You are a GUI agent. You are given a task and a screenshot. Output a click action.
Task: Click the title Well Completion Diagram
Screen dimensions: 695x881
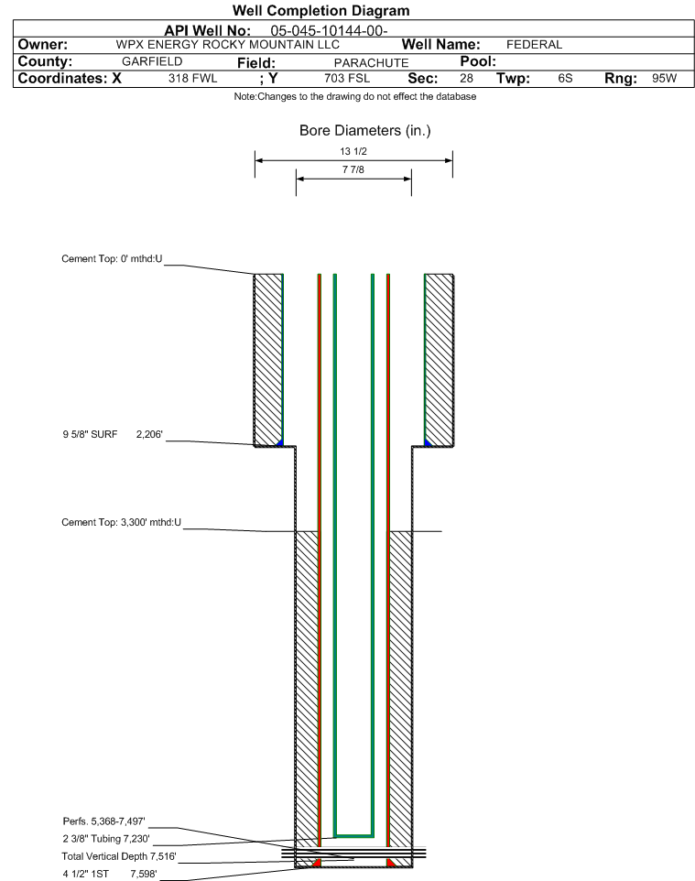[x=320, y=11]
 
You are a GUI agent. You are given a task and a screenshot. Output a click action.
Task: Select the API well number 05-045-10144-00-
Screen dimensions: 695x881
[x=330, y=31]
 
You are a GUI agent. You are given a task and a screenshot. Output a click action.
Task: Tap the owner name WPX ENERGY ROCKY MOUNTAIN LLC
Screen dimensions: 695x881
[x=228, y=45]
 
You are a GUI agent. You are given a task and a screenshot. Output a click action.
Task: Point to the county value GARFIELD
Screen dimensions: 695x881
[x=152, y=61]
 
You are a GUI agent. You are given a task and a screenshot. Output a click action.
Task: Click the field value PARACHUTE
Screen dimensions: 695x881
[x=372, y=63]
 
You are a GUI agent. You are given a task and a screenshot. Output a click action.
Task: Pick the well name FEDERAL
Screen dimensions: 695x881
[x=535, y=45]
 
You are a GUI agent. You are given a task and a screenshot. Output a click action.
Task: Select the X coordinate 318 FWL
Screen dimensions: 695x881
[x=192, y=78]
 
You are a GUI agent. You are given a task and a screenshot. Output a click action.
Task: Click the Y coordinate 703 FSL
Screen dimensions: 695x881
[x=347, y=78]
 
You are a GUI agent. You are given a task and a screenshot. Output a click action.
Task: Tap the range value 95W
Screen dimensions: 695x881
[x=665, y=78]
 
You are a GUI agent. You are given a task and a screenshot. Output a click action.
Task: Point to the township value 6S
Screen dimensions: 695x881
[x=565, y=78]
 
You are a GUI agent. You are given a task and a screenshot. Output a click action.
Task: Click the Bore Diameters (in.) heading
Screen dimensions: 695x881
[x=365, y=131]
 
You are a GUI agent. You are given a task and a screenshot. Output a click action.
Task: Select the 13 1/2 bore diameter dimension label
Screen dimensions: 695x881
[x=353, y=151]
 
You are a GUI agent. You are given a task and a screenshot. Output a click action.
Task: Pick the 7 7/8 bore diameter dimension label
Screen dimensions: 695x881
[x=353, y=169]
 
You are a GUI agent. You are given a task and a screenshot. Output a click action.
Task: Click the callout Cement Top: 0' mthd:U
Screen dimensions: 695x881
[x=112, y=258]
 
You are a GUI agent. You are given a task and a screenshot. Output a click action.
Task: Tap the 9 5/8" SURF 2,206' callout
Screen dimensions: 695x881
[x=113, y=434]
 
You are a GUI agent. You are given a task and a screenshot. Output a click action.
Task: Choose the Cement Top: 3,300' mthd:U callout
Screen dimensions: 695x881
[x=122, y=522]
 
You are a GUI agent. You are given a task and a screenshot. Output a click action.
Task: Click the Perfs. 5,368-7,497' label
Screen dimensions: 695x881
[x=104, y=821]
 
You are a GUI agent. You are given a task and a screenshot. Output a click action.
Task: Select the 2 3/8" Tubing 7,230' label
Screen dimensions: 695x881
[x=106, y=839]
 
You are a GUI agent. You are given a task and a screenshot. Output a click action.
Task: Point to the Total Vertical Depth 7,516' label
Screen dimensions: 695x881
[x=119, y=856]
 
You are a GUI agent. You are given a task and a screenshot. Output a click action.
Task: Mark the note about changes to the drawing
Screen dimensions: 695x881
[x=355, y=97]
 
